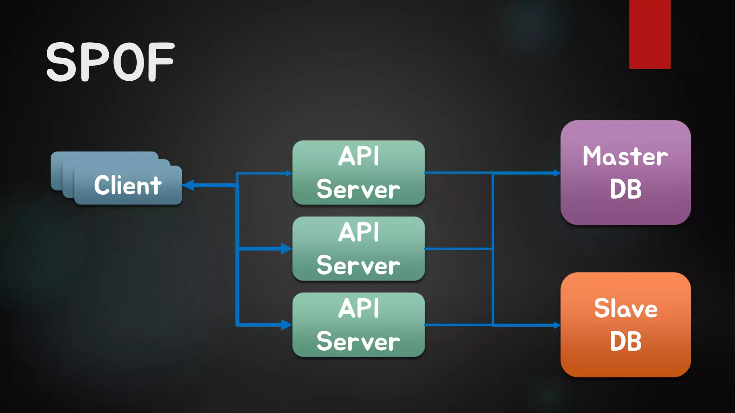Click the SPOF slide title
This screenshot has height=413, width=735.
click(110, 62)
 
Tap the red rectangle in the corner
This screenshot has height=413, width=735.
click(650, 34)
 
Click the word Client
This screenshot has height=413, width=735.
click(128, 185)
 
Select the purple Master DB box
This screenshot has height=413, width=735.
click(626, 212)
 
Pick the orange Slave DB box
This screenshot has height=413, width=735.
click(626, 364)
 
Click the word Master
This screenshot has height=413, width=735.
click(625, 157)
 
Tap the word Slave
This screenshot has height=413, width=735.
click(626, 309)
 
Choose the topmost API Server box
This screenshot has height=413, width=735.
click(358, 173)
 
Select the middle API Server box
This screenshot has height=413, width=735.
click(358, 249)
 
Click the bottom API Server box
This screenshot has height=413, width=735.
click(358, 325)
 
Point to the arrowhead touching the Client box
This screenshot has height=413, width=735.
click(188, 185)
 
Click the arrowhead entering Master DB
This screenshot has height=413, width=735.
click(557, 173)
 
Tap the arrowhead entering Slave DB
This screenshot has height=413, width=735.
click(557, 325)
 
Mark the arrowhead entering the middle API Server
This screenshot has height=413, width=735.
click(286, 248)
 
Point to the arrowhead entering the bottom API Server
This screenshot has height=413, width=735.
click(286, 325)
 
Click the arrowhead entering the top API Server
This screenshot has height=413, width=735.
click(289, 174)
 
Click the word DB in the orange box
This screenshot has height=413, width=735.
click(626, 341)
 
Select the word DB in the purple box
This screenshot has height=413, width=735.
click(626, 189)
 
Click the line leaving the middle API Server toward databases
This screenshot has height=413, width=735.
click(458, 248)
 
